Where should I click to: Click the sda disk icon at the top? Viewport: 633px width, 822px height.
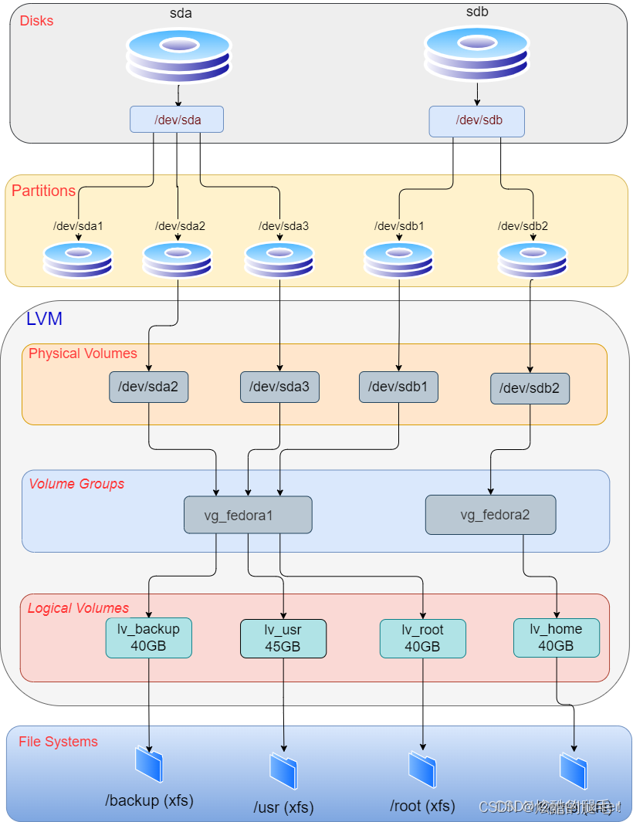click(x=178, y=55)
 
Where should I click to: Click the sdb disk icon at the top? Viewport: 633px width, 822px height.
click(x=476, y=53)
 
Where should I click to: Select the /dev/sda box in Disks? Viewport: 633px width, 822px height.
click(x=177, y=119)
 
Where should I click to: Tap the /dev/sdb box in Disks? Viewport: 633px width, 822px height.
click(x=476, y=121)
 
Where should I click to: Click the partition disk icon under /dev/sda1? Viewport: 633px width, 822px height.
click(x=78, y=259)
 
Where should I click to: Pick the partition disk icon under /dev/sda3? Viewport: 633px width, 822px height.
click(x=279, y=259)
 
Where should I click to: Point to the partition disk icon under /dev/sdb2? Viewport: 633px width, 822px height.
click(x=533, y=259)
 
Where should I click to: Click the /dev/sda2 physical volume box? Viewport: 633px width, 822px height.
click(x=148, y=387)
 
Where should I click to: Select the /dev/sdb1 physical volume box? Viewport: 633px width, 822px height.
click(x=398, y=387)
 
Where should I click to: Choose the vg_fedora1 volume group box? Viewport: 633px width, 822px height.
click(x=248, y=515)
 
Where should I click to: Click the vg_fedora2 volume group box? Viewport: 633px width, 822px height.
click(x=490, y=515)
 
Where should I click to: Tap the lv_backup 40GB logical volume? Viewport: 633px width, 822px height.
click(x=148, y=638)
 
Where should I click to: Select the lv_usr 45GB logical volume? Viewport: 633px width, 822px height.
click(x=283, y=639)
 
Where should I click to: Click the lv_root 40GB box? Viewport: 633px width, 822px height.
click(x=422, y=638)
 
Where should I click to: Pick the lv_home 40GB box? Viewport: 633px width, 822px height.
click(x=557, y=638)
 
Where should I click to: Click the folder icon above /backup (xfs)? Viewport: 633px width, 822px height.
click(x=149, y=764)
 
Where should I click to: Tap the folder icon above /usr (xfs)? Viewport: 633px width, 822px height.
click(x=283, y=770)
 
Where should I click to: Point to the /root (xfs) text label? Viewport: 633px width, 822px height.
click(x=422, y=806)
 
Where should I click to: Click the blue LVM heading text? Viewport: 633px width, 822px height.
click(x=44, y=319)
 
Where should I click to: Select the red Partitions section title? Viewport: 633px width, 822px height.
click(x=43, y=191)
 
